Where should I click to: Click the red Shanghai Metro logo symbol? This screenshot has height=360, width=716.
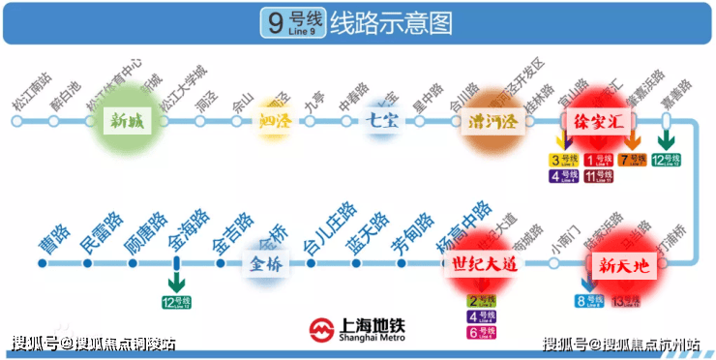click(322, 331)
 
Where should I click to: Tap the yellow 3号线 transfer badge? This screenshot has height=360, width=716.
click(561, 160)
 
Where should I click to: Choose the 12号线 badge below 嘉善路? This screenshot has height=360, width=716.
click(666, 160)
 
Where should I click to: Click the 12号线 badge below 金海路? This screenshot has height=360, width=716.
click(176, 303)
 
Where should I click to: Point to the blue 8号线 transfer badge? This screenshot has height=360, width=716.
click(589, 302)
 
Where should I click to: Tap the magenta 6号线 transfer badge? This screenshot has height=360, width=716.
click(481, 332)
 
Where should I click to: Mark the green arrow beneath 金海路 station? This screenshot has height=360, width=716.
click(176, 282)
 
